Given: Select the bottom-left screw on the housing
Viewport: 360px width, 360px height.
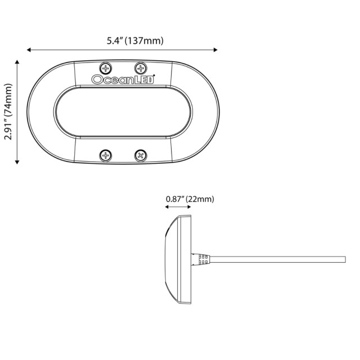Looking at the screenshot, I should (x=106, y=155).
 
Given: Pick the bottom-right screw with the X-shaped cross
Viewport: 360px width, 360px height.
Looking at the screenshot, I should (x=141, y=155).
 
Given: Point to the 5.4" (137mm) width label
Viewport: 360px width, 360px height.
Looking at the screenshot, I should (x=135, y=40).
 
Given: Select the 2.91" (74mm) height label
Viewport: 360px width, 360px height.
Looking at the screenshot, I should (x=7, y=112).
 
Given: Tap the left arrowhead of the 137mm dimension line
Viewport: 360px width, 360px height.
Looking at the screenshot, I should (x=29, y=50).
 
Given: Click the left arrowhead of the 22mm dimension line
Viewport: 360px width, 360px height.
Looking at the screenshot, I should (x=166, y=207).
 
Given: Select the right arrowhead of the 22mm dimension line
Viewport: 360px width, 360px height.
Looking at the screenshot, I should (x=190, y=207).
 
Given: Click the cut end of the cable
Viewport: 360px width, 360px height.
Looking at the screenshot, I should (x=344, y=259).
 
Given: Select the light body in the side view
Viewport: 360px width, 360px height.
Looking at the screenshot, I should (x=178, y=259).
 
